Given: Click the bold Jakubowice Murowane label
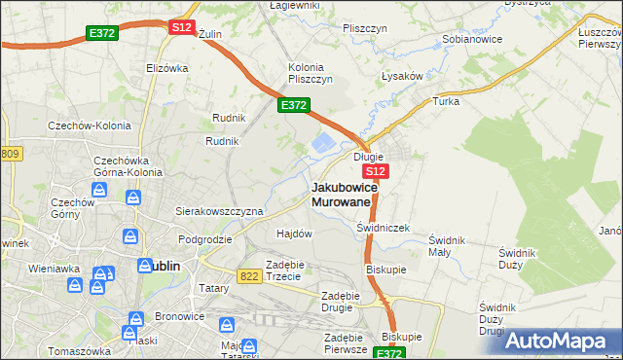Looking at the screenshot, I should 341,194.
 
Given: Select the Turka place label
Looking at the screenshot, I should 446,101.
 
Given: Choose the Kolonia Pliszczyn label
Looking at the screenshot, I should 311,73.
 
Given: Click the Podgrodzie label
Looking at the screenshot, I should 205,238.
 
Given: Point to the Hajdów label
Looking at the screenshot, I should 294,234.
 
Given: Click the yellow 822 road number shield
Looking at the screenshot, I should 249,277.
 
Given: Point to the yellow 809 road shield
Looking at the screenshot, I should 10,154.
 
